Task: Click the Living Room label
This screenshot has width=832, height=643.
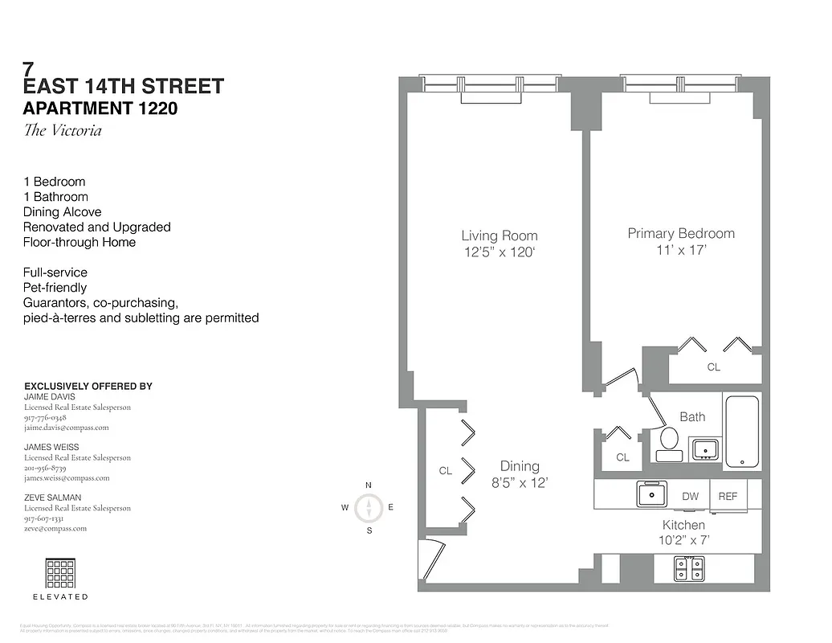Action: coord(499,235)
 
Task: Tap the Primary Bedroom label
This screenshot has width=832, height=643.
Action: coord(680,233)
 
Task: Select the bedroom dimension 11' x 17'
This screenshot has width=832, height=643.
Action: coord(680,250)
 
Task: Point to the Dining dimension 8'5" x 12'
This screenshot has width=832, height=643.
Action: coord(519,483)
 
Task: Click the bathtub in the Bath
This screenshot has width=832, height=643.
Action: coord(741,432)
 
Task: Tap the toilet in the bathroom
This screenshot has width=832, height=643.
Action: coord(667,442)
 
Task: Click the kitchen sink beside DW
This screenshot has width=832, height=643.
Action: coord(651,494)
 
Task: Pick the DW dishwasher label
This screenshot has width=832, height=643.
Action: coord(690,497)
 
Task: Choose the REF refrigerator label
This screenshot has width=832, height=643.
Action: coord(728,497)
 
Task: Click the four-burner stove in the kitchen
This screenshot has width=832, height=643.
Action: coord(689,568)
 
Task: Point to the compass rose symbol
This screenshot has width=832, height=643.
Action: coord(369,507)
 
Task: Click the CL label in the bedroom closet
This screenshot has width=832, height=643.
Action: coord(713,367)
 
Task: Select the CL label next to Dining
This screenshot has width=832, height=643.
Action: coord(445,472)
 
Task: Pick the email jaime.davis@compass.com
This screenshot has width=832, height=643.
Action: coord(66,428)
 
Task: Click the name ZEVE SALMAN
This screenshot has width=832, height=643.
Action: coord(52,498)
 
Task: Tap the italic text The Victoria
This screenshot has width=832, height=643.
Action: coord(63,130)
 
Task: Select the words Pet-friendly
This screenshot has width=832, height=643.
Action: coord(55,288)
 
